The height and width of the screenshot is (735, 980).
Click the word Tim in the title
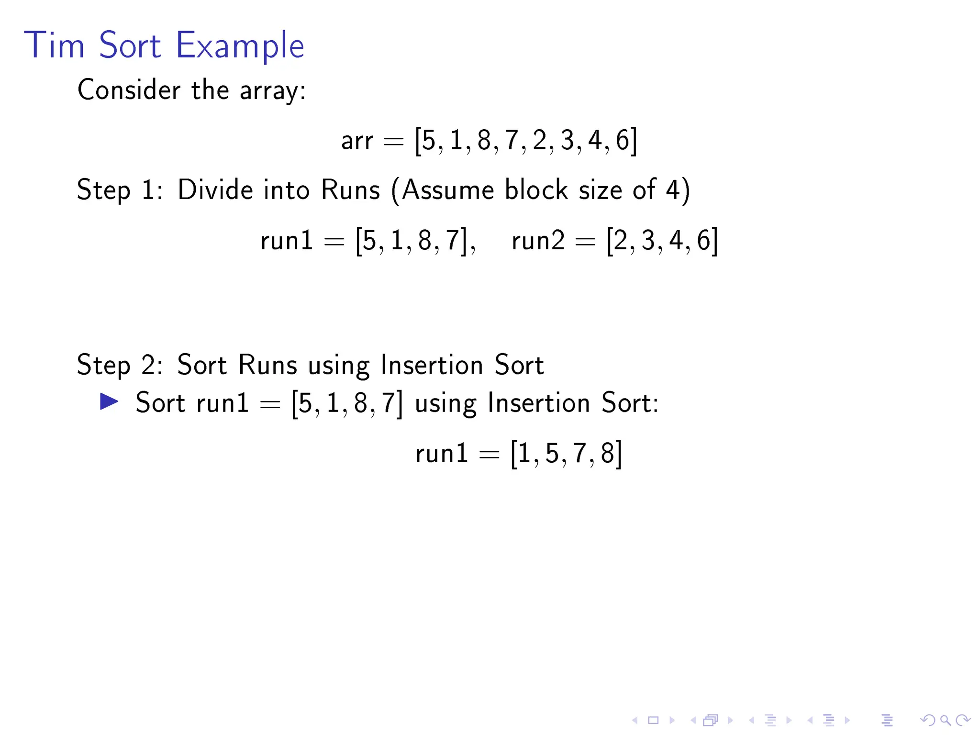pyautogui.click(x=54, y=46)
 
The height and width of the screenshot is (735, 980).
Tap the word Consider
pyautogui.click(x=129, y=90)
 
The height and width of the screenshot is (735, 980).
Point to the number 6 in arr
pyautogui.click(x=622, y=141)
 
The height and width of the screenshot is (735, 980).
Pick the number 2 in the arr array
pyautogui.click(x=539, y=141)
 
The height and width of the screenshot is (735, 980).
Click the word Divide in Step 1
pyautogui.click(x=215, y=190)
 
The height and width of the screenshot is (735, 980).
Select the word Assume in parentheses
pyautogui.click(x=447, y=190)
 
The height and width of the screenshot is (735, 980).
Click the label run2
pyautogui.click(x=538, y=240)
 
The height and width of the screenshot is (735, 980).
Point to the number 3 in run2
pyautogui.click(x=648, y=241)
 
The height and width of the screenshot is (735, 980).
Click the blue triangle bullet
pyautogui.click(x=109, y=401)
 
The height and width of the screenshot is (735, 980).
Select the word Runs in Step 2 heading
pyautogui.click(x=267, y=365)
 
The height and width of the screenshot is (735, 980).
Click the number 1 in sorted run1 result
pyautogui.click(x=524, y=453)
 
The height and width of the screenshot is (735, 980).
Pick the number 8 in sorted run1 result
pyautogui.click(x=607, y=453)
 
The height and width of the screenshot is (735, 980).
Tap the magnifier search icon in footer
pyautogui.click(x=945, y=720)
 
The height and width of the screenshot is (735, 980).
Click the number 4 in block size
pyautogui.click(x=673, y=190)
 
